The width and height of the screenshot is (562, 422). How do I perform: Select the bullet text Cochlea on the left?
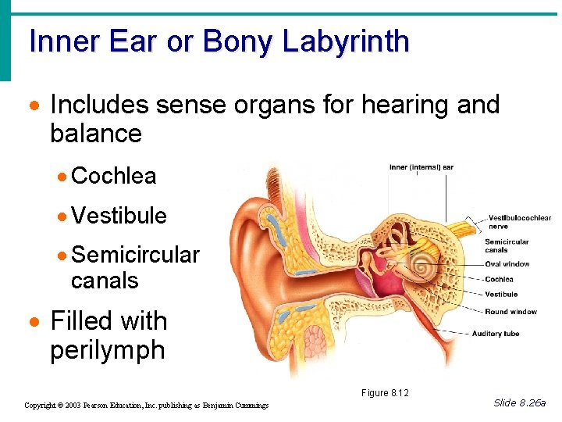pyautogui.click(x=113, y=176)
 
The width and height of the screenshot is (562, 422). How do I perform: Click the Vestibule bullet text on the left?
pyautogui.click(x=119, y=215)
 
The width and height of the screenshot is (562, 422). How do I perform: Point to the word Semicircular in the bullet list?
pyautogui.click(x=134, y=255)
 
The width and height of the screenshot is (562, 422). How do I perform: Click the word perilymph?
pyautogui.click(x=107, y=350)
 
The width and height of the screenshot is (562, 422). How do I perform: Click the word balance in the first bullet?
pyautogui.click(x=95, y=134)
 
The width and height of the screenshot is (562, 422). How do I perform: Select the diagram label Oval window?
pyautogui.click(x=507, y=264)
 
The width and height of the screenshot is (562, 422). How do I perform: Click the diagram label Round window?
pyautogui.click(x=510, y=312)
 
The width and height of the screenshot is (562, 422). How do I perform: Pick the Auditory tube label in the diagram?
pyautogui.click(x=495, y=334)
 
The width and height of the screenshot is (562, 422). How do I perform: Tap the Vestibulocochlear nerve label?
pyautogui.click(x=519, y=221)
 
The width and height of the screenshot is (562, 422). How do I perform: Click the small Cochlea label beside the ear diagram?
pyautogui.click(x=499, y=279)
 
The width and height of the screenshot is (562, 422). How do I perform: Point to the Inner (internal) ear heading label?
pyautogui.click(x=421, y=166)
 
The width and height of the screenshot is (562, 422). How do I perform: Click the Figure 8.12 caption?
pyautogui.click(x=385, y=392)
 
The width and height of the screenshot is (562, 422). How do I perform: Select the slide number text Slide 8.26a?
pyautogui.click(x=520, y=402)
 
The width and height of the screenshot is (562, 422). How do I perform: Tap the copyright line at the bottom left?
pyautogui.click(x=147, y=405)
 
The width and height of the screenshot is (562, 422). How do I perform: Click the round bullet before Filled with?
pyautogui.click(x=34, y=321)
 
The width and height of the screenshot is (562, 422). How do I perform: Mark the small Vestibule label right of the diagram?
pyautogui.click(x=501, y=295)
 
